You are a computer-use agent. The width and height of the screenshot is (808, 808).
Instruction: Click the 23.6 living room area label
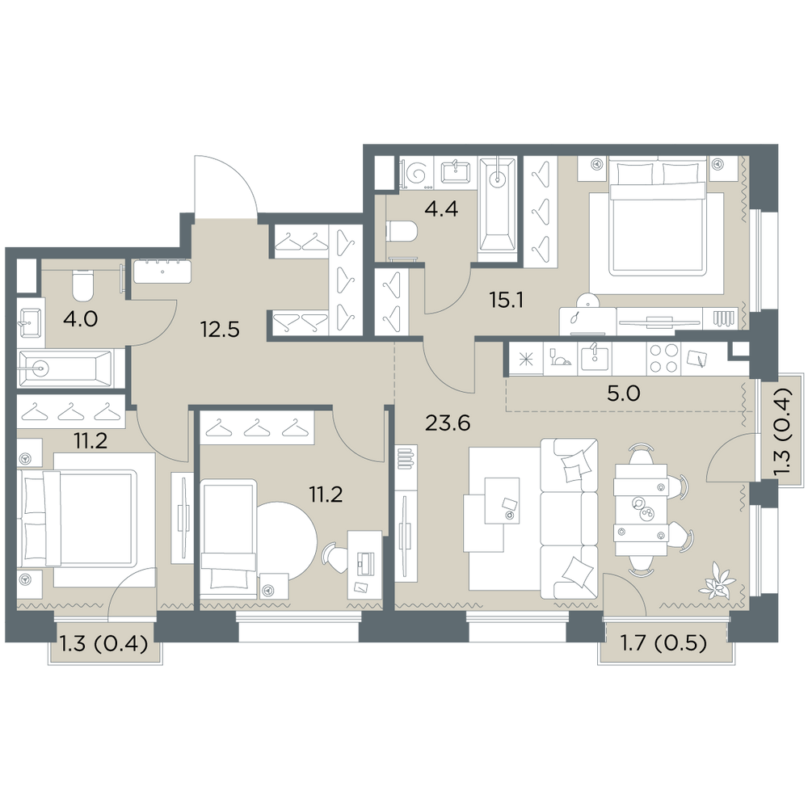(448, 423)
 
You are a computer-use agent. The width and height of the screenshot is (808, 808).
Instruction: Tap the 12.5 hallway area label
(220, 329)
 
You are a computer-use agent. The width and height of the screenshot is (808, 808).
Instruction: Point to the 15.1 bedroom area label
(507, 300)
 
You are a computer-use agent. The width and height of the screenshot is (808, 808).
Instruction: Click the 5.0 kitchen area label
(623, 393)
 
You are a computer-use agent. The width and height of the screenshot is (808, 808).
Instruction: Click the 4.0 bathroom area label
(80, 319)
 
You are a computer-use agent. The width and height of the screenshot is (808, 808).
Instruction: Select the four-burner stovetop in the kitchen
(663, 358)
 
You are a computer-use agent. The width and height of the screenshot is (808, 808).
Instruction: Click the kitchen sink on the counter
(595, 358)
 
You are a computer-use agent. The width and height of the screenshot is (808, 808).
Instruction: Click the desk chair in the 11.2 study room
(335, 557)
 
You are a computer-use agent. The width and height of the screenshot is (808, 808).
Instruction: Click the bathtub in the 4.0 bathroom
(65, 368)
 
